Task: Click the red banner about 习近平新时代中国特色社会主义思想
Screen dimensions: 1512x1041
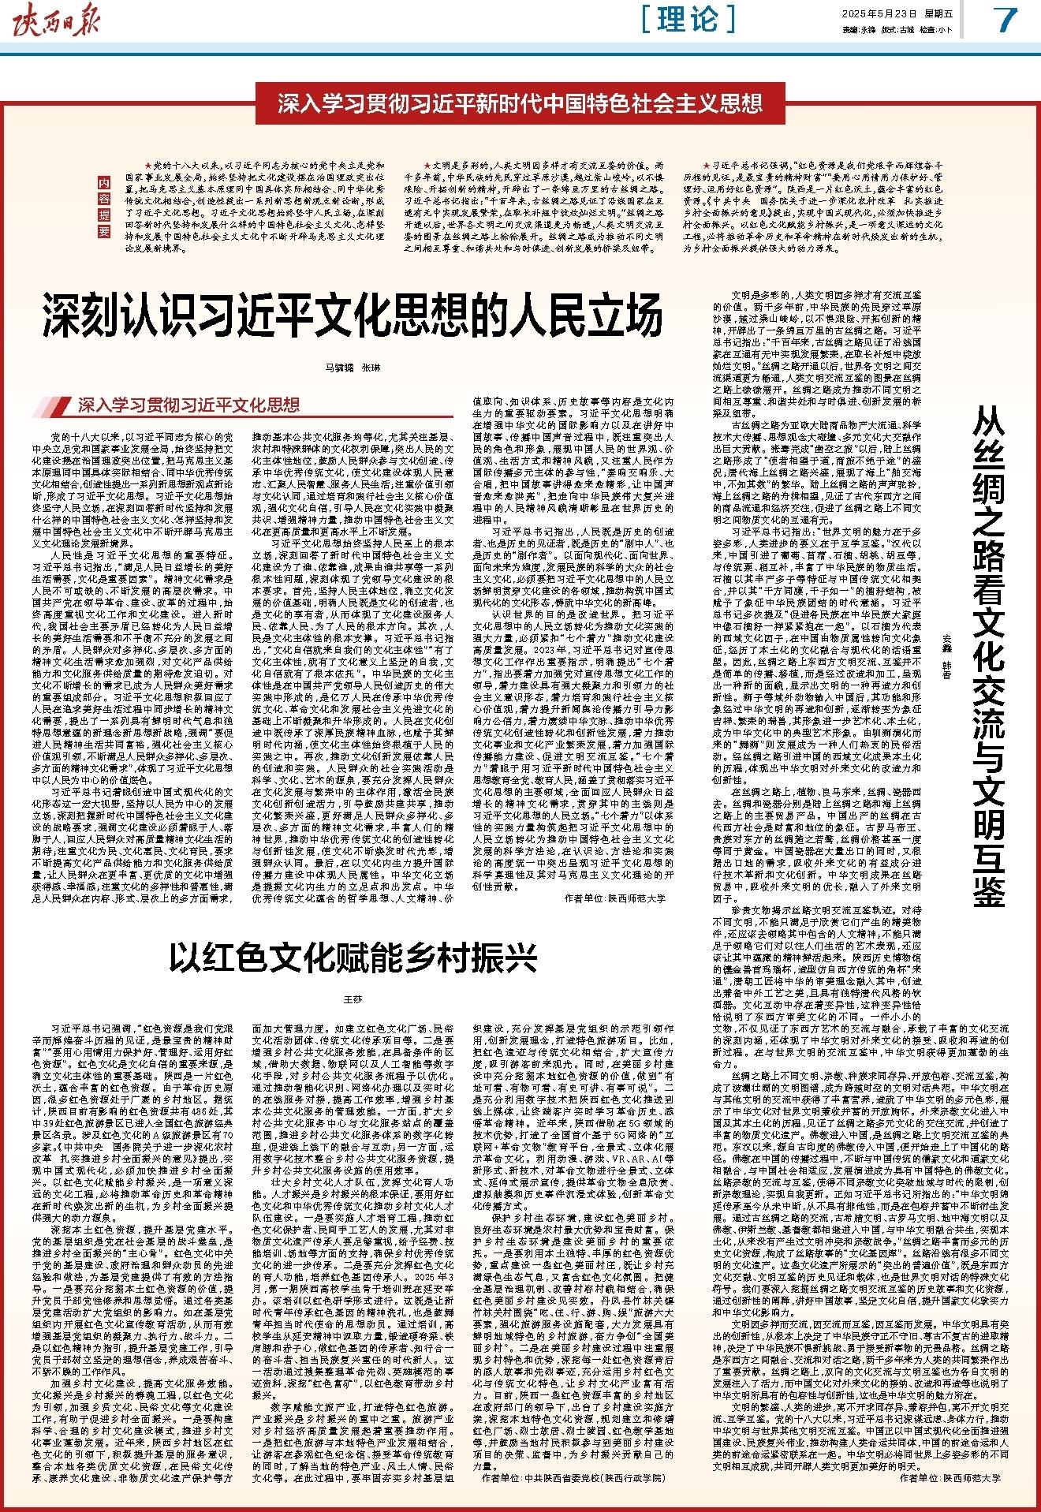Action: pyautogui.click(x=520, y=103)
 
